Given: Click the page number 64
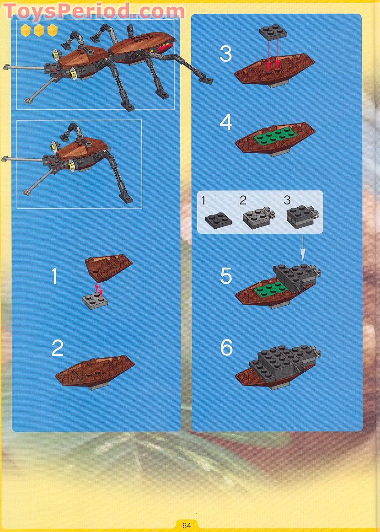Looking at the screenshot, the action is pos(186,526).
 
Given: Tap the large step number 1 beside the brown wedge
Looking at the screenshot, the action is pos(54,276).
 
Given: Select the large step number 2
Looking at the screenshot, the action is pos(57,348).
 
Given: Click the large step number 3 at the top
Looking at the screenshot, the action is pos(225,54).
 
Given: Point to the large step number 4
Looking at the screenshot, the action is pos(225,123).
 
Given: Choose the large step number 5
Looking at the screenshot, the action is pos(226,276).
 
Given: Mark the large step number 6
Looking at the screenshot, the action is pos(226,348).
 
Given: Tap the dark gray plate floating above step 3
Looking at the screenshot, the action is pos(273,32).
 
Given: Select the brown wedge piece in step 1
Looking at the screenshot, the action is pos(108,267).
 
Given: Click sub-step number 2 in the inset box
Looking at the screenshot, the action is pos(243,200).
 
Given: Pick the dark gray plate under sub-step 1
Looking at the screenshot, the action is pos(219,220).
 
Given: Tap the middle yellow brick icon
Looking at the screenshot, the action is pos(39,30).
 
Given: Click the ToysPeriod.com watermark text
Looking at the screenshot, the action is pos(94,11).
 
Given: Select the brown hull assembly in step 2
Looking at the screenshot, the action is pos(95,372).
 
